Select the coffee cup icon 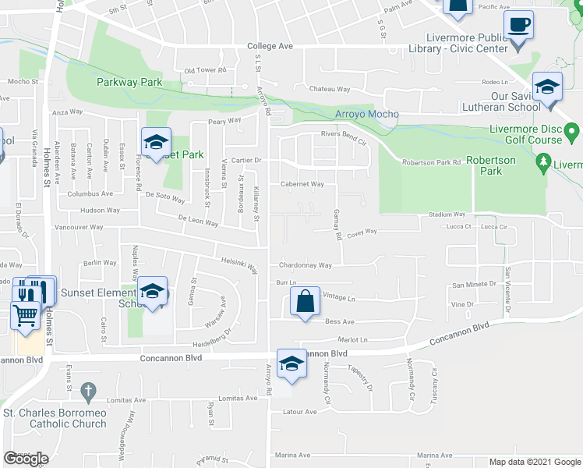(x=518, y=25)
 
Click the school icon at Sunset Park (x=156, y=143)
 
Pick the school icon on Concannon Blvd (x=292, y=364)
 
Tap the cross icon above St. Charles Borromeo (x=88, y=390)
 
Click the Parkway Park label (x=129, y=81)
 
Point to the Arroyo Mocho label (x=366, y=114)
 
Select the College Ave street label (x=270, y=46)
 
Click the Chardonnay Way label (x=306, y=265)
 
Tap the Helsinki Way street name (x=239, y=265)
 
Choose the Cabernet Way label (x=302, y=185)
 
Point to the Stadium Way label (x=447, y=214)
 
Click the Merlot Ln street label (x=352, y=339)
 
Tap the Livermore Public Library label (x=467, y=43)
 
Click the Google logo (x=26, y=459)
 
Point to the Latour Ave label (x=299, y=412)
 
